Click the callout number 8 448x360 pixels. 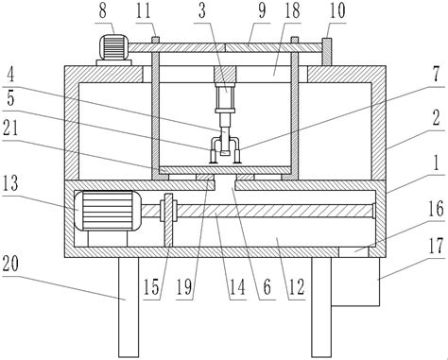tap(103, 10)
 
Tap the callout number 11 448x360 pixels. tap(144, 10)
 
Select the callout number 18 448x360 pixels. tap(292, 10)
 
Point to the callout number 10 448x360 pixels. tap(337, 10)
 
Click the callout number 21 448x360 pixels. tap(10, 129)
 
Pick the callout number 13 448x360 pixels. tap(10, 183)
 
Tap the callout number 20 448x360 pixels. tap(10, 264)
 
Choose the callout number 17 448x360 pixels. tap(437, 246)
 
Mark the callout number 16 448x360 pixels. tap(437, 209)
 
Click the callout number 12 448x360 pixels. tap(297, 287)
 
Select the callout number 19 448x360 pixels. tap(184, 287)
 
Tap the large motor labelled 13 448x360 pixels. tap(107, 211)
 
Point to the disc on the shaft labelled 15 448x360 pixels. tap(169, 220)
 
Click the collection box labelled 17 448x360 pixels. tap(355, 282)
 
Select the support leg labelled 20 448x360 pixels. tap(129, 307)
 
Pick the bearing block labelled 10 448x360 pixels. tap(327, 52)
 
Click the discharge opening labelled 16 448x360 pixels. tap(353, 251)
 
